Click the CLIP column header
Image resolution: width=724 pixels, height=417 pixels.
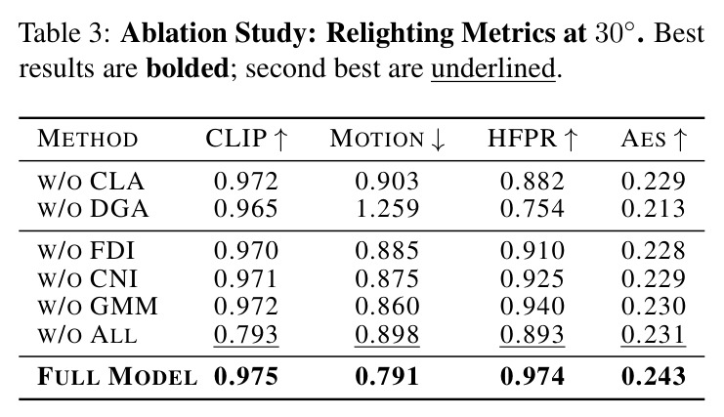246,139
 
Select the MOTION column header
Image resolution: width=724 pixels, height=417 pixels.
387,139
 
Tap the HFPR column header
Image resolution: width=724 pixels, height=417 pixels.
532,139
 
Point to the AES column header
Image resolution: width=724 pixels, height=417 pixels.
654,139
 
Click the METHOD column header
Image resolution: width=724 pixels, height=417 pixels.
88,139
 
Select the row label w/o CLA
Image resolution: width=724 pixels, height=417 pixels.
91,182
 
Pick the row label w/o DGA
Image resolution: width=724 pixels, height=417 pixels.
93,209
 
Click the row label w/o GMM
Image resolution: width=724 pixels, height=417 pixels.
98,307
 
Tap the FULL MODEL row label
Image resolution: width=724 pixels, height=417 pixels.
117,376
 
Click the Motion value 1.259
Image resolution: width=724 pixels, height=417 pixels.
387,209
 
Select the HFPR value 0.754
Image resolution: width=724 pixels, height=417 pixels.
532,209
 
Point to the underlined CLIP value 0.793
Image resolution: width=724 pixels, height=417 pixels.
246,334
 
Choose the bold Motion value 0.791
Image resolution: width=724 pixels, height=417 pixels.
387,376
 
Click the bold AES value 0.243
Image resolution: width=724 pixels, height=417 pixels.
654,376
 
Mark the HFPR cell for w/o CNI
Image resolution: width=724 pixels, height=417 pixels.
532,278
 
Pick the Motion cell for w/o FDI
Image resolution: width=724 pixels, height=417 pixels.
387,250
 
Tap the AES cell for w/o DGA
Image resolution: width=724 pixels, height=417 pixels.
654,209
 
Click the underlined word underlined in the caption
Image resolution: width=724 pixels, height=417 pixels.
493,68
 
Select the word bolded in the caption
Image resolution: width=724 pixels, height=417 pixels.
188,68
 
